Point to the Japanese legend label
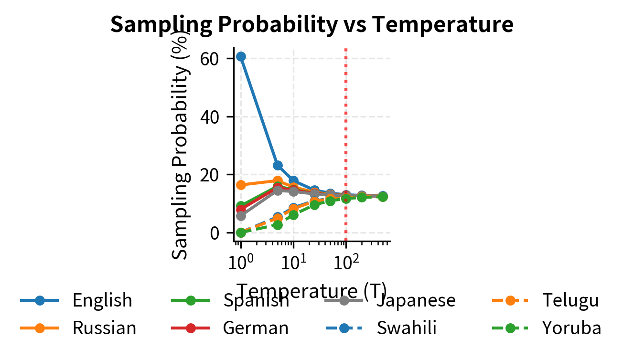[416, 300]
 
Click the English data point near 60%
[241, 56]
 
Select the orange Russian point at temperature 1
[241, 185]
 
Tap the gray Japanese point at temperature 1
[241, 216]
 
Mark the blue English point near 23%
[278, 165]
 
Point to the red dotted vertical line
[345, 119]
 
